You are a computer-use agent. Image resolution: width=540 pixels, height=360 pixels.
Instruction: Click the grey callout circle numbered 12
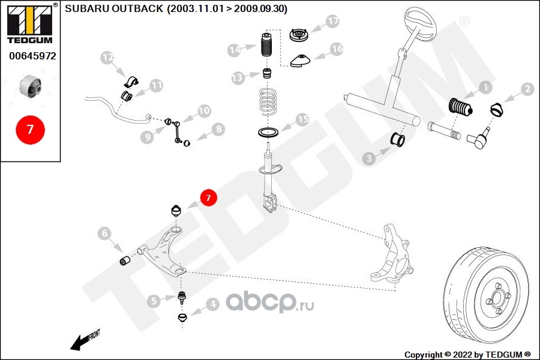point(107,58)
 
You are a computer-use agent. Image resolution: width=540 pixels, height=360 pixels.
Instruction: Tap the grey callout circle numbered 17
point(332,22)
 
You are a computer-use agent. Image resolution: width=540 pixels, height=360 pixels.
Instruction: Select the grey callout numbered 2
point(527,89)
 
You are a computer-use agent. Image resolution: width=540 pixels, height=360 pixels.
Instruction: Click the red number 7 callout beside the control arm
point(208,197)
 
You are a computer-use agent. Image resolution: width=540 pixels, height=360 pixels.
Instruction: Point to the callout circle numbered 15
point(302,119)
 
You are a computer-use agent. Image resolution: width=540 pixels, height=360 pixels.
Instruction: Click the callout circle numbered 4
point(212,304)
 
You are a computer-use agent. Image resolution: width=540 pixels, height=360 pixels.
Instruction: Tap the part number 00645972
point(32,56)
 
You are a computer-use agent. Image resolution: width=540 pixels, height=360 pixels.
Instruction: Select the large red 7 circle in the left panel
point(30,129)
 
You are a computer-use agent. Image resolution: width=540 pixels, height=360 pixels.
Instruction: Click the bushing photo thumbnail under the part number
point(31,86)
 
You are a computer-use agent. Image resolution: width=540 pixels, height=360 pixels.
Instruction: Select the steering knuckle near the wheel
point(392,252)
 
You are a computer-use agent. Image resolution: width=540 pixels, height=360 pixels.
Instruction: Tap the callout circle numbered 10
point(204,110)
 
